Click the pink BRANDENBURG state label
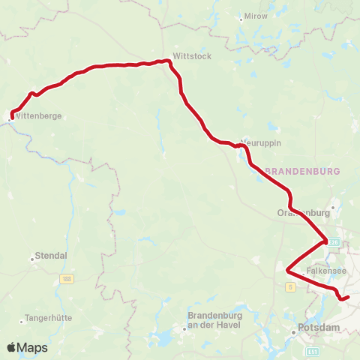[x=303, y=171]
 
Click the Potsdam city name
[x=319, y=328]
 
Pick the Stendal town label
[x=52, y=255]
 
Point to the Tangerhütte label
[x=49, y=317]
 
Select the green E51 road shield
[x=313, y=351]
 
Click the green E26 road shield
[x=334, y=241]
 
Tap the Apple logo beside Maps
[x=12, y=348]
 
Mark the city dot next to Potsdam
[x=293, y=328]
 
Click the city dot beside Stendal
[x=32, y=259]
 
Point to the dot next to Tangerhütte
[x=23, y=317]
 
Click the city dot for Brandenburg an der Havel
[x=184, y=328]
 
